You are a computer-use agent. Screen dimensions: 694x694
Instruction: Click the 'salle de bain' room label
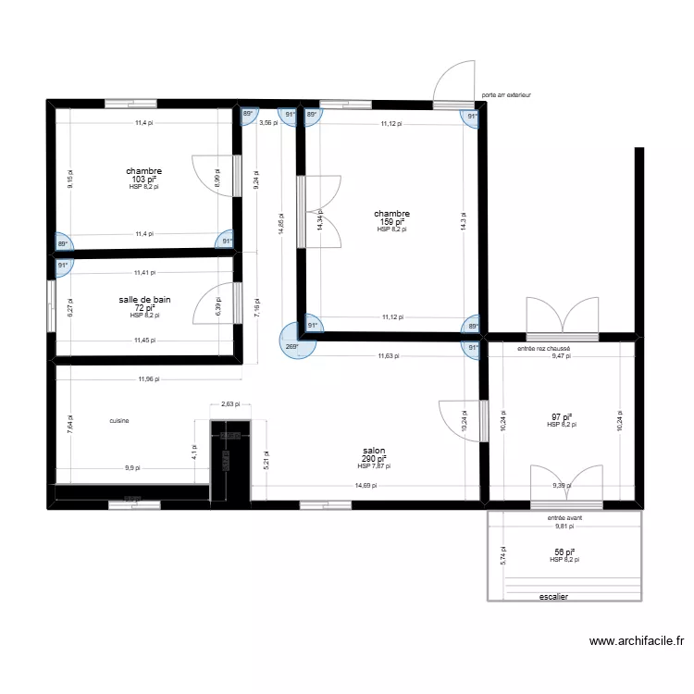tap(144, 300)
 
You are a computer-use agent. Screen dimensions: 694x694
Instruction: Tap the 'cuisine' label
tap(118, 421)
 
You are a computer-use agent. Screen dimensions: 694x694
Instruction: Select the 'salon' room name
tap(374, 451)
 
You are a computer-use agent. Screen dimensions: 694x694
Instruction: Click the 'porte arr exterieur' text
tap(507, 94)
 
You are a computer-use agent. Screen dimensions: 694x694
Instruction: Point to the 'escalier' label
tap(552, 597)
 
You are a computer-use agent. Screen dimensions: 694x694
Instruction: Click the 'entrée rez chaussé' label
tap(544, 349)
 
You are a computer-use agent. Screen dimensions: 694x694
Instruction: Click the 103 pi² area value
tap(144, 180)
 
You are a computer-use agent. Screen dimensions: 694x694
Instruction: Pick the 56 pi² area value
tap(563, 552)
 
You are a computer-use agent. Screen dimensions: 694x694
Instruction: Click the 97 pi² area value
tap(561, 417)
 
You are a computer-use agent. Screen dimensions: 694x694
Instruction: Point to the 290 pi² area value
tap(374, 459)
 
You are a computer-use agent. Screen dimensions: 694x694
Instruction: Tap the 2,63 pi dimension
tap(230, 403)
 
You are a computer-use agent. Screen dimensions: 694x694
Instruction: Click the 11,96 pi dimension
tap(147, 378)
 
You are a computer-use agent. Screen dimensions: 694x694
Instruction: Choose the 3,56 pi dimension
tap(267, 122)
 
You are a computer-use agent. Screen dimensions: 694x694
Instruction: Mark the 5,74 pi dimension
tap(502, 555)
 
